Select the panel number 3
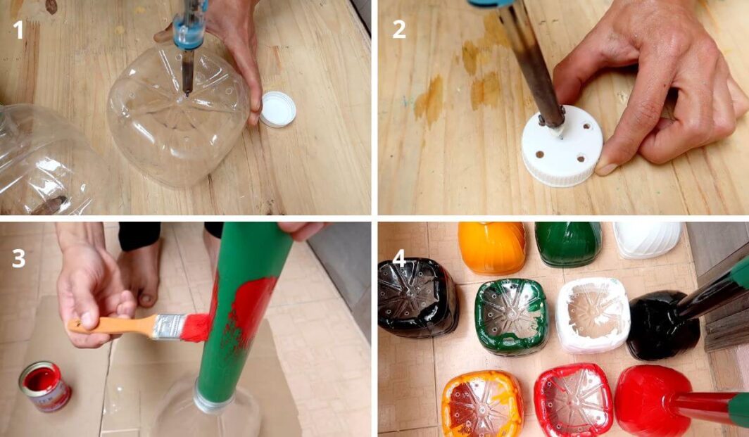[18, 258]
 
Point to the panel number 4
[398, 258]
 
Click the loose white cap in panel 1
[277, 109]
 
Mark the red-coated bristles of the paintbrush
[196, 327]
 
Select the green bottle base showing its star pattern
[511, 315]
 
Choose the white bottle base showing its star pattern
[592, 314]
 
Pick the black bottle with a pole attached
[661, 324]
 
